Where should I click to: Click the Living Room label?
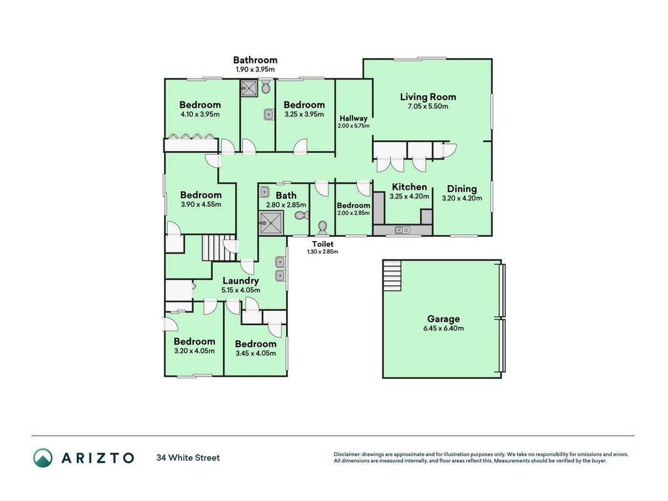428,96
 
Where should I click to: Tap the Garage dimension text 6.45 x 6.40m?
443,328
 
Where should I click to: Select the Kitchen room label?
409,187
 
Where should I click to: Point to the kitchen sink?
402,230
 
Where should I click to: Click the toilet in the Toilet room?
322,227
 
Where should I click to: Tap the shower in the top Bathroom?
249,88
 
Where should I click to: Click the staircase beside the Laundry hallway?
218,247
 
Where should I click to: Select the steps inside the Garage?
392,275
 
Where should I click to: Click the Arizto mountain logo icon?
43,458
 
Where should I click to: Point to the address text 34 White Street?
188,458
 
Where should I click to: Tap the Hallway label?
353,118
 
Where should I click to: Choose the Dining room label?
462,189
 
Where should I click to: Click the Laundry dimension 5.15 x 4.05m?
240,290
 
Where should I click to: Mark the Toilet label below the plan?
322,244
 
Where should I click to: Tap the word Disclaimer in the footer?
347,455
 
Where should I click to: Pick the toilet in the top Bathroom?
266,87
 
